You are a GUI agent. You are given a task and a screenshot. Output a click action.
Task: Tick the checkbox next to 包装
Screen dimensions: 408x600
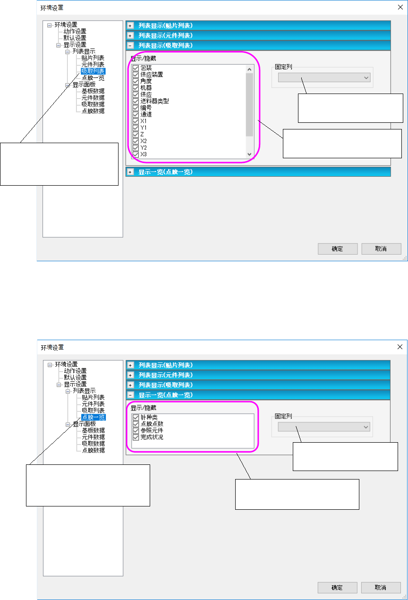(136, 68)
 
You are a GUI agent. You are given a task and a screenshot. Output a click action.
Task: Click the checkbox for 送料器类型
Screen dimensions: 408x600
(136, 101)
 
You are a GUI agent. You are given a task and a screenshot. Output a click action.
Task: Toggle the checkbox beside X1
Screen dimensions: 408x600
(136, 121)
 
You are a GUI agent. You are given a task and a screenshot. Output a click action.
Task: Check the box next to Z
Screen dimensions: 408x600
(136, 134)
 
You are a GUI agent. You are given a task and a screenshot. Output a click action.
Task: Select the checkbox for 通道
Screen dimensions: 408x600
(136, 114)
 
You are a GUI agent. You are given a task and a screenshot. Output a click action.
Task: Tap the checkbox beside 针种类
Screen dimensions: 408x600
(136, 418)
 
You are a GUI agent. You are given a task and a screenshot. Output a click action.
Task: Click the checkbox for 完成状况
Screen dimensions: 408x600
(136, 437)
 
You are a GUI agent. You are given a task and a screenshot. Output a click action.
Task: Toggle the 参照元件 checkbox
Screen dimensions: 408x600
(136, 431)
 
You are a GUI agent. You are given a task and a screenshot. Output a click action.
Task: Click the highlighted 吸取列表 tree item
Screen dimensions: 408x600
(93, 71)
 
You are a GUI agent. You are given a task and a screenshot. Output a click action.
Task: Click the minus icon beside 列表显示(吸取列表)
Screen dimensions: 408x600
(129, 45)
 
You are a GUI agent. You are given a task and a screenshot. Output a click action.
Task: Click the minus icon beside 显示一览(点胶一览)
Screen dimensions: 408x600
(129, 394)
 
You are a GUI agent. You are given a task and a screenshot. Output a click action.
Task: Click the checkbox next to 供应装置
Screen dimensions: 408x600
(136, 75)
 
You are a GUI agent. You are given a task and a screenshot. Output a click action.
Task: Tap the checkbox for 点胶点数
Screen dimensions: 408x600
(136, 424)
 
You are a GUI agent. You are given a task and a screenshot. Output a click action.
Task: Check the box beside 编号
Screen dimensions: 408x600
(136, 108)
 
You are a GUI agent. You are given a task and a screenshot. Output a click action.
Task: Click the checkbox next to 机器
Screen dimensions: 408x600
(136, 88)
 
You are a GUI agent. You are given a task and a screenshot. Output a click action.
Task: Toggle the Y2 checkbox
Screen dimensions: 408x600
(136, 147)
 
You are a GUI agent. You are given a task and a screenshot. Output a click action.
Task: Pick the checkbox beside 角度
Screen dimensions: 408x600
(136, 81)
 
